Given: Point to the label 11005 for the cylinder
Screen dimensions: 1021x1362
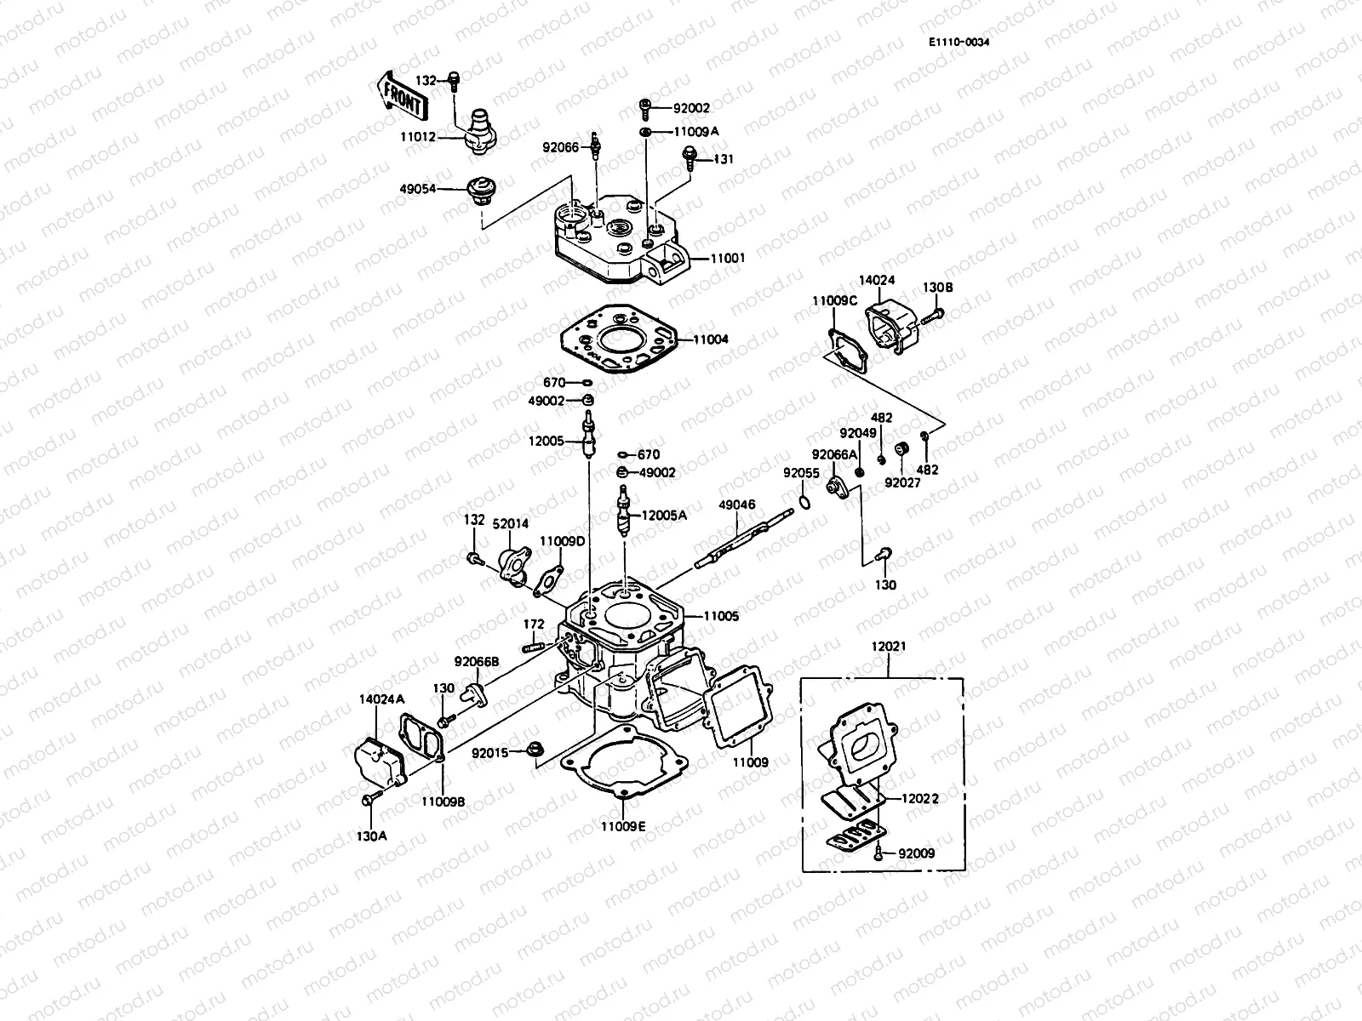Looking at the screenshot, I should (x=721, y=615).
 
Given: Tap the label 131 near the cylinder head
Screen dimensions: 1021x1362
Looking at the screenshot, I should (x=723, y=159).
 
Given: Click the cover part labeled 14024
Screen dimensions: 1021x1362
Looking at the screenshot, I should (x=893, y=326).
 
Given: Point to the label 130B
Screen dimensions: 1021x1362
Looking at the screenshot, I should (x=937, y=288).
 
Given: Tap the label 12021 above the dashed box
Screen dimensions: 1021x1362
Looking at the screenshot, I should (x=889, y=647).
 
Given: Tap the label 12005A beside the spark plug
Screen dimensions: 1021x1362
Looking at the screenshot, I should (x=663, y=514).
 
